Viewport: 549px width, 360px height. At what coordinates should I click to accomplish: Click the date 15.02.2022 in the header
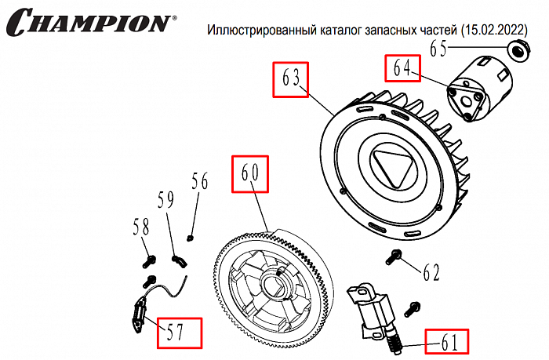(x=485, y=31)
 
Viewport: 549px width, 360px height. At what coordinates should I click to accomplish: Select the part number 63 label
(x=291, y=80)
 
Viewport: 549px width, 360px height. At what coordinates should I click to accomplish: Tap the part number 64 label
(x=402, y=67)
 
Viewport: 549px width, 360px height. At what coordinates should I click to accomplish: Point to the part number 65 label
(x=448, y=49)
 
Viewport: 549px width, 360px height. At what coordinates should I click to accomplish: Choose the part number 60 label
(x=249, y=174)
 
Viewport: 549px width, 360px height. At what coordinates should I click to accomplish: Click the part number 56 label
(x=200, y=182)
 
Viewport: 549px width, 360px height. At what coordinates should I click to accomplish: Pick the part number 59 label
(x=165, y=202)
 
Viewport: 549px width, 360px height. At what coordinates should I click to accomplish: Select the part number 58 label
(x=140, y=227)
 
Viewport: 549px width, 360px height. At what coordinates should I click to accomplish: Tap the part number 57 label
(x=178, y=333)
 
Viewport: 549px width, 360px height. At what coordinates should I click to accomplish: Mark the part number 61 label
(x=448, y=342)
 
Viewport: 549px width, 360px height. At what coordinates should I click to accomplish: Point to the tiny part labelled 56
(x=190, y=235)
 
